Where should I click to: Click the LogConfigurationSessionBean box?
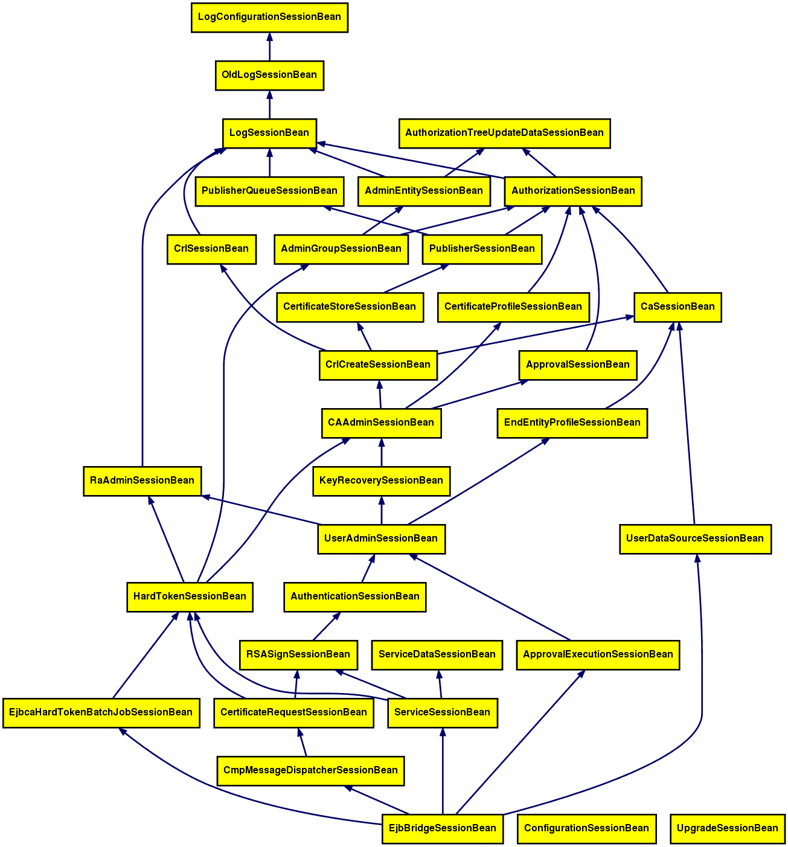(269, 18)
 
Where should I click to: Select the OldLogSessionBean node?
(269, 75)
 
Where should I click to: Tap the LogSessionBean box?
(269, 133)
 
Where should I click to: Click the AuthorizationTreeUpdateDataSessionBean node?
(504, 133)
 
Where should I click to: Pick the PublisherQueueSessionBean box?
(269, 191)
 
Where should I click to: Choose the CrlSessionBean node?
(211, 249)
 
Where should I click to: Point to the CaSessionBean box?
(677, 307)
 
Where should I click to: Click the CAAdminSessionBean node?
(381, 423)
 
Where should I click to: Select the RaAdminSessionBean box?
(142, 481)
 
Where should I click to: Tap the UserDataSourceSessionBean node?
(695, 539)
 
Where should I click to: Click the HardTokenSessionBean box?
(190, 596)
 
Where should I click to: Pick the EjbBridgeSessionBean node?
(443, 828)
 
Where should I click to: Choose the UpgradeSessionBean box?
(728, 828)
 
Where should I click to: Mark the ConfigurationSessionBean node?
(586, 828)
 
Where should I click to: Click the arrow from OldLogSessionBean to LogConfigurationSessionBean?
(269, 47)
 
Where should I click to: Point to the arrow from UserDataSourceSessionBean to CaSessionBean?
(687, 423)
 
